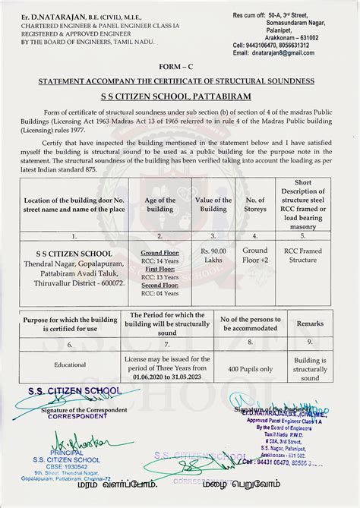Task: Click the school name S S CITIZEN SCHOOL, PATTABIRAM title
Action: (180, 97)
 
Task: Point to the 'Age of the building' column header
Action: (159, 205)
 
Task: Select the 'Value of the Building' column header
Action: (213, 205)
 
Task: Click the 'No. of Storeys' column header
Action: (256, 205)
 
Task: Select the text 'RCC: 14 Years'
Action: (159, 260)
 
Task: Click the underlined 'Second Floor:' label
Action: (159, 285)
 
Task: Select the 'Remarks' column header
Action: (310, 323)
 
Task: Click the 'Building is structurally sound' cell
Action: (310, 369)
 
